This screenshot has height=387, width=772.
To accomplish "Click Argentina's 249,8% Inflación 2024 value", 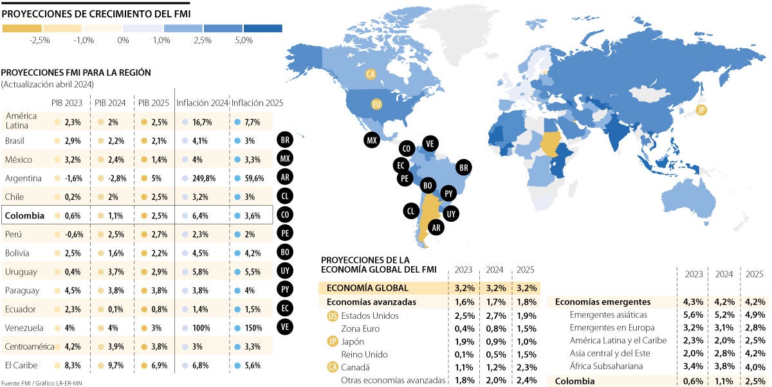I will coord(202,178).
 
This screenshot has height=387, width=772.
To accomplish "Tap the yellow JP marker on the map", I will coord(701,110).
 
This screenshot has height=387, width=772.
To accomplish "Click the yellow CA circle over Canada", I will coord(371,75).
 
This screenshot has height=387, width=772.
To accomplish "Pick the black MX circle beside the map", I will coord(371,139).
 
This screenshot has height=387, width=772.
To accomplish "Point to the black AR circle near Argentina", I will coord(436,228).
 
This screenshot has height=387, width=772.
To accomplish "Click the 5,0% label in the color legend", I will coord(243,40).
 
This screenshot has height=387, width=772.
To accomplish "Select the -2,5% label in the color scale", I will coord(40,40).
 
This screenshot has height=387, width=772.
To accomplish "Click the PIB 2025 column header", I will coord(152,103).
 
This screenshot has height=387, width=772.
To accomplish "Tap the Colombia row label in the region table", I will coord(25,216).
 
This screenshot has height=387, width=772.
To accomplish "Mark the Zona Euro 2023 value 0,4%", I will coord(465,328).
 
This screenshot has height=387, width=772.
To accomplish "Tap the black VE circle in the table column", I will coord(285,327).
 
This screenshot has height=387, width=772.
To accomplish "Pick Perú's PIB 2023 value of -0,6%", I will coord(72,234).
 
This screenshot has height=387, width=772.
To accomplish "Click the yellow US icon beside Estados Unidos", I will coord(333,316).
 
